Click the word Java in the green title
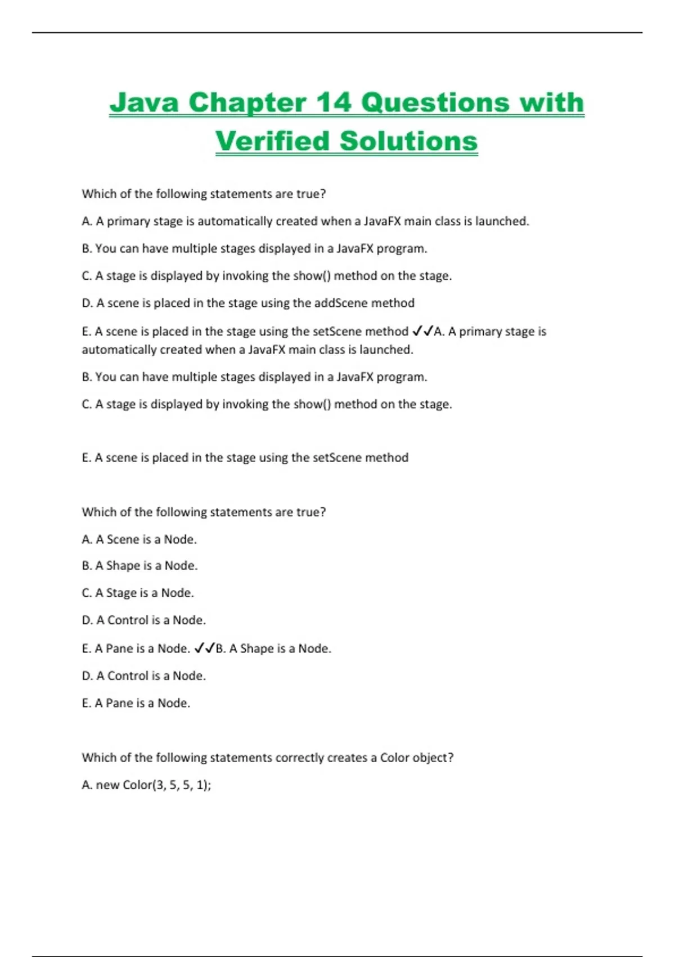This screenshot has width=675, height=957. click(x=144, y=102)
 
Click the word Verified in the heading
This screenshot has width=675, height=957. click(x=272, y=141)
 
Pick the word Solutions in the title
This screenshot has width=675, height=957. click(x=409, y=141)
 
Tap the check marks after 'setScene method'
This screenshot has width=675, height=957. click(x=422, y=331)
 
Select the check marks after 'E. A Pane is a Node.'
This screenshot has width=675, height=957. click(x=204, y=649)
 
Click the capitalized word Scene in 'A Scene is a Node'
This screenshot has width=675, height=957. click(x=123, y=539)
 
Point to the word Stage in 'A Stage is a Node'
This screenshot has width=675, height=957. click(x=121, y=593)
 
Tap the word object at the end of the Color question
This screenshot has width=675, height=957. click(x=432, y=758)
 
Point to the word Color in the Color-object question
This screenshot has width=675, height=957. click(x=394, y=758)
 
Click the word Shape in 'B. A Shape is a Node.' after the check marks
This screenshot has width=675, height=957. click(x=256, y=649)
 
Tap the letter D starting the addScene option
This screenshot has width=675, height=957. click(x=86, y=303)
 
